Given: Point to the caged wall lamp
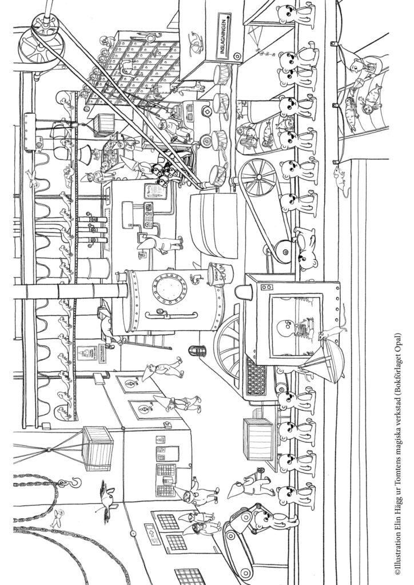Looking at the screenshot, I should [x=200, y=348].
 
